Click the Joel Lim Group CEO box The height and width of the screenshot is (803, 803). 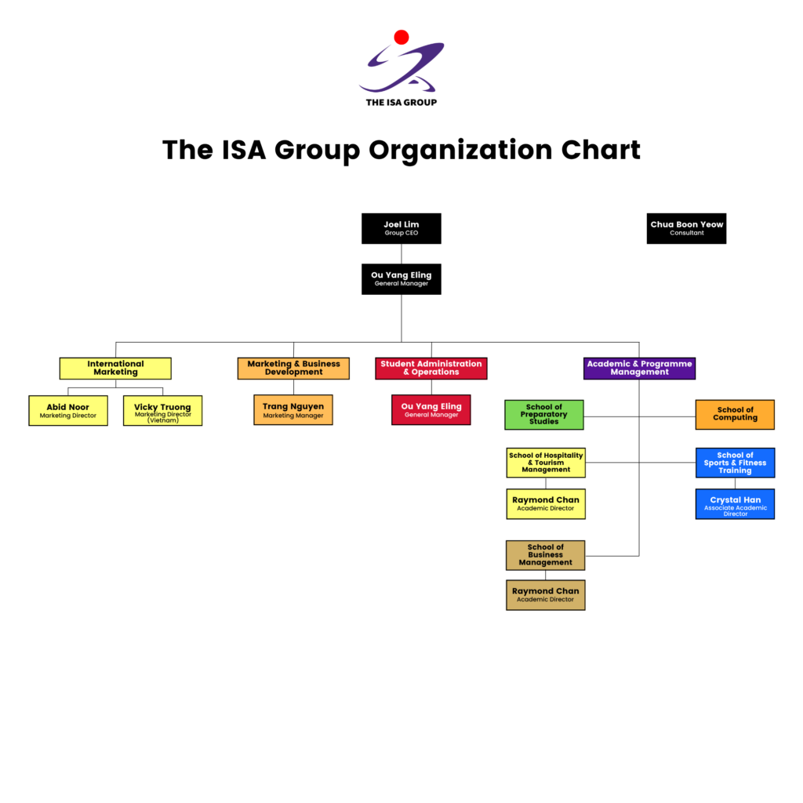(401, 228)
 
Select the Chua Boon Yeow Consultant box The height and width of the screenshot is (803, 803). (686, 228)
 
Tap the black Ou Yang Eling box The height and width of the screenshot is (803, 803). (401, 278)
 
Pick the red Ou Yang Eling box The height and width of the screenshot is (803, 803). (431, 409)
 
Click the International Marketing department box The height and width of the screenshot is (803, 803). (115, 368)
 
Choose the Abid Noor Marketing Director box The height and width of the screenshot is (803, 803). (68, 410)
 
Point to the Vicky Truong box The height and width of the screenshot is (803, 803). (162, 410)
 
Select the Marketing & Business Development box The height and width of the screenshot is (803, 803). (293, 368)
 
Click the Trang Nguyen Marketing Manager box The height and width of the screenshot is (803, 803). (293, 409)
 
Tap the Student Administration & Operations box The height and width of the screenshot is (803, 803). (431, 368)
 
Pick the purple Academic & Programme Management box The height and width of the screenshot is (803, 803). (640, 368)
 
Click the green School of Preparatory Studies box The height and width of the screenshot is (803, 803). (544, 414)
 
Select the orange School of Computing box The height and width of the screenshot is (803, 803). (735, 414)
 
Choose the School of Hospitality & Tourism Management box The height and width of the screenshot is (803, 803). (546, 462)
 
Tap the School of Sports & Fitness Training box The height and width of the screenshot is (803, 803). (735, 462)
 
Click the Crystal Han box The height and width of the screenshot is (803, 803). (735, 503)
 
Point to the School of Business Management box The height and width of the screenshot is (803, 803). (546, 554)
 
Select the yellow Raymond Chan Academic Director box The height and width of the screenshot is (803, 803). (546, 503)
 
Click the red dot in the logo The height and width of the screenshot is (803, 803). (401, 37)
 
